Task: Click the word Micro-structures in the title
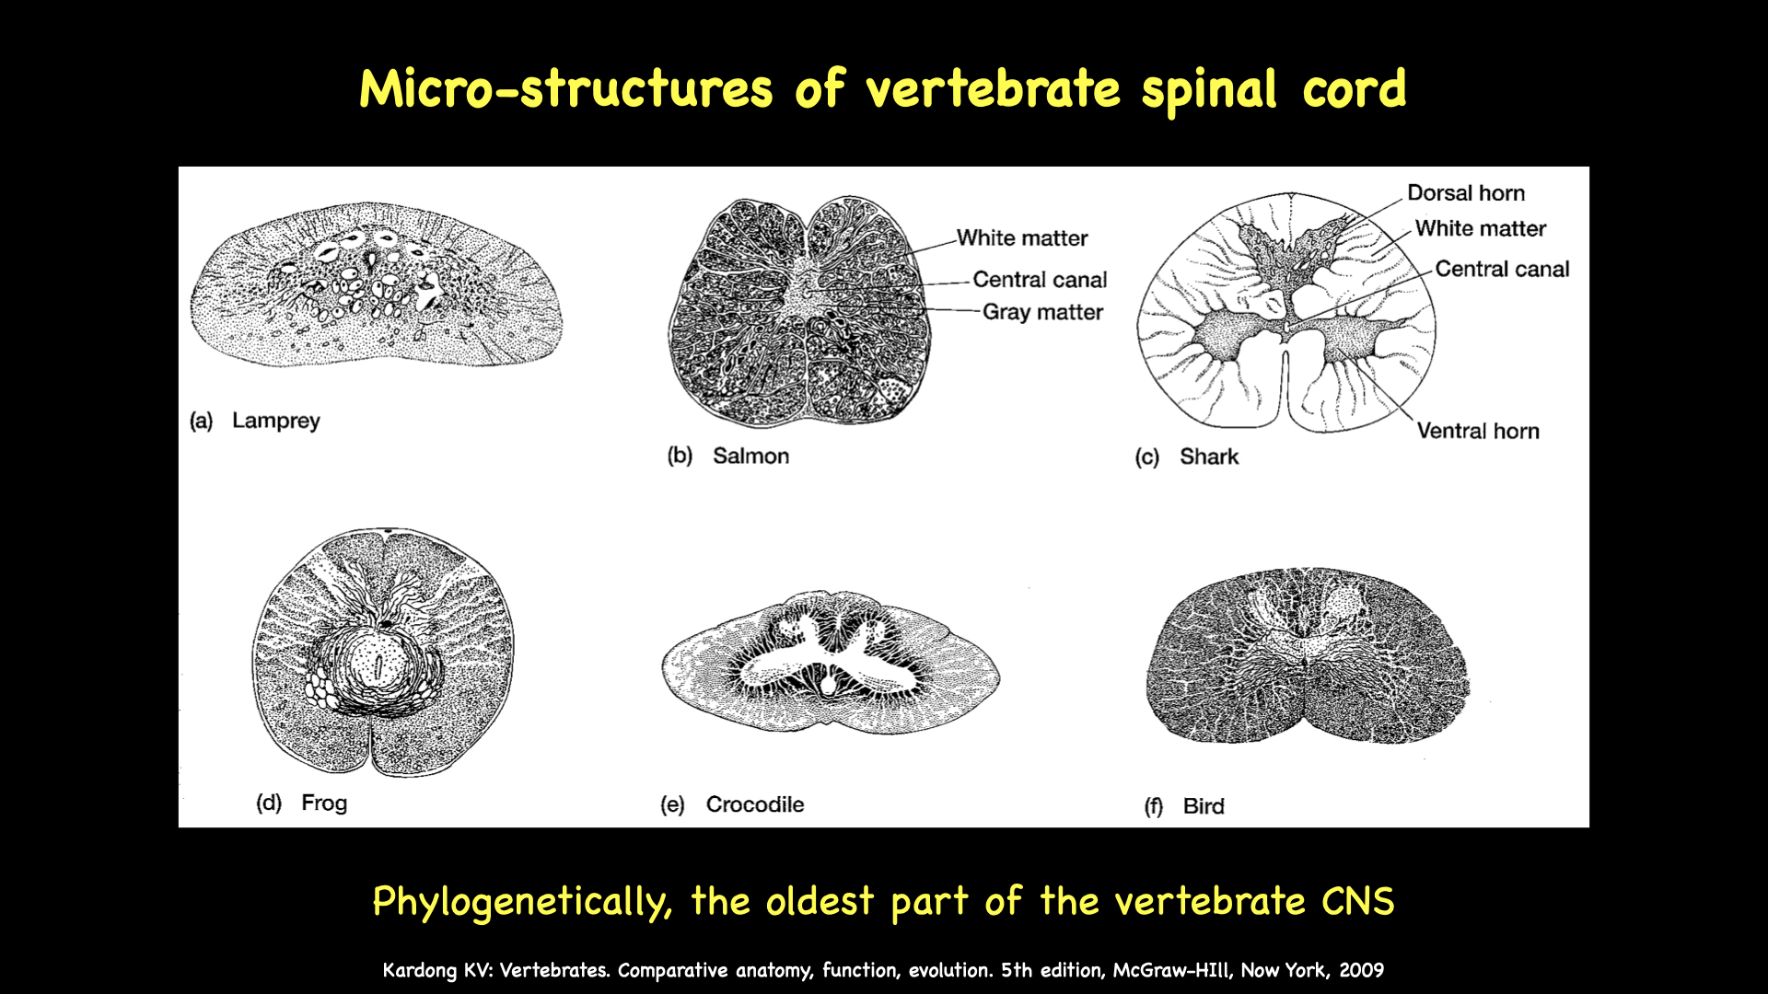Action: (565, 89)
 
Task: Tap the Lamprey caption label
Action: (275, 421)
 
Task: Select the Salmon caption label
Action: (750, 456)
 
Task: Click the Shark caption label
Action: (1209, 457)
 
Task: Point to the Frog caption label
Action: (324, 803)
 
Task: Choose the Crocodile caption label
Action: (754, 804)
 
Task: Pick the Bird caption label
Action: (1204, 806)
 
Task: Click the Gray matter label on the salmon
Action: (1042, 312)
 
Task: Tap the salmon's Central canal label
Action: (1040, 280)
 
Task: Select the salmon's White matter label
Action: (1022, 238)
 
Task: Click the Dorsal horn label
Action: (1465, 193)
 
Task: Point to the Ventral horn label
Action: (1477, 431)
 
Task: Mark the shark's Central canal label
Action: (1501, 269)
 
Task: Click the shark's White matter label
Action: (1480, 228)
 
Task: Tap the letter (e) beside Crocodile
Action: (672, 804)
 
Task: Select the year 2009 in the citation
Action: (1361, 970)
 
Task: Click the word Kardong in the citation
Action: (419, 970)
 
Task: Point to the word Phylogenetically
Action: (521, 901)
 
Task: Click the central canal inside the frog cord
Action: (376, 665)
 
